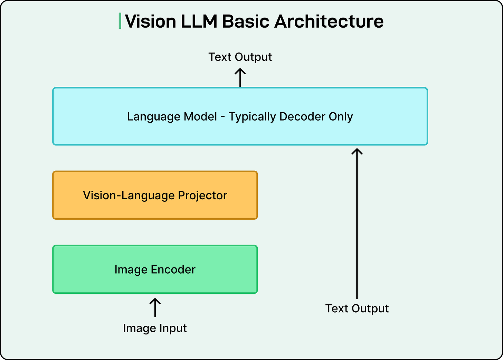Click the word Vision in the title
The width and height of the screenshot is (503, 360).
pyautogui.click(x=151, y=21)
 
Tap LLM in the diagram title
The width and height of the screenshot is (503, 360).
pyautogui.click(x=199, y=21)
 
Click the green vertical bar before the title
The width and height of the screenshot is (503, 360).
pyautogui.click(x=120, y=21)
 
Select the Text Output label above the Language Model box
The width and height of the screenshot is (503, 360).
pyautogui.click(x=240, y=57)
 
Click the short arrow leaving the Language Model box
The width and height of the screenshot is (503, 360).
pyautogui.click(x=240, y=77)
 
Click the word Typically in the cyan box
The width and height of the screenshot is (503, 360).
pyautogui.click(x=253, y=117)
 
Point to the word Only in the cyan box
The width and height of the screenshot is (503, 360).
pyautogui.click(x=341, y=117)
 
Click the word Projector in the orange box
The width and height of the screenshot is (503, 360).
pyautogui.click(x=202, y=196)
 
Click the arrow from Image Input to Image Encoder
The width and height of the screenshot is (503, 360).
pyautogui.click(x=155, y=307)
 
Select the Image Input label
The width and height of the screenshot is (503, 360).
pyautogui.click(x=155, y=328)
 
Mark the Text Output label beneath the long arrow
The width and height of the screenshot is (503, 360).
pyautogui.click(x=357, y=309)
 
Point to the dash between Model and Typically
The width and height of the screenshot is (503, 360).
pyautogui.click(x=223, y=117)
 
